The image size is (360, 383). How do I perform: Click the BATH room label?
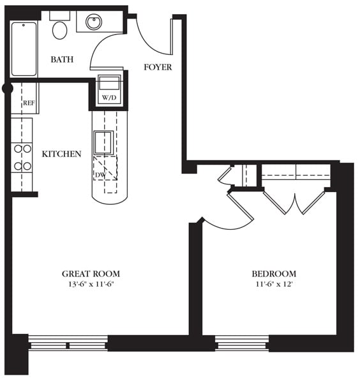click(x=62, y=59)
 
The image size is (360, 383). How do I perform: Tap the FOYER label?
click(x=157, y=67)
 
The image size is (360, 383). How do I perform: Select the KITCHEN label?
click(x=61, y=154)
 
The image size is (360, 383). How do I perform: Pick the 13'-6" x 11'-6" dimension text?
click(x=91, y=285)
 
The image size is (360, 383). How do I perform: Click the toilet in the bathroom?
click(x=60, y=29)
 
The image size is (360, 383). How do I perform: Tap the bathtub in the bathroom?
click(x=24, y=49)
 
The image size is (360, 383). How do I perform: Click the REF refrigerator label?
click(x=29, y=103)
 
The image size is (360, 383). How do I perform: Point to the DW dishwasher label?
click(x=100, y=174)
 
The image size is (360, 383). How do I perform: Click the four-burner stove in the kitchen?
click(x=22, y=157)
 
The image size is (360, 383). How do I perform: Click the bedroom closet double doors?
click(x=294, y=201)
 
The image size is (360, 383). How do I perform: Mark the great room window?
click(x=68, y=343)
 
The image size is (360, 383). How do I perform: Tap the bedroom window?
click(x=241, y=343)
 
